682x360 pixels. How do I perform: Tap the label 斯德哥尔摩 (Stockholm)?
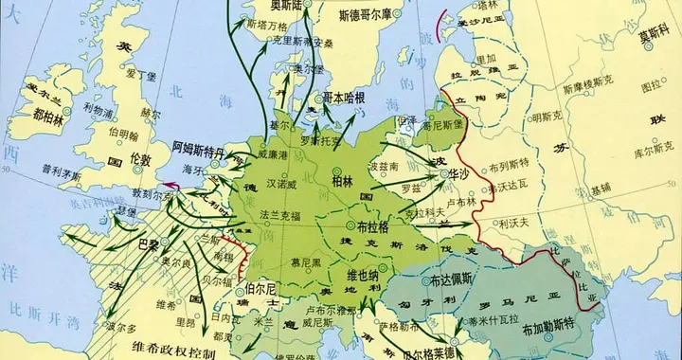pyautogui.click(x=375, y=16)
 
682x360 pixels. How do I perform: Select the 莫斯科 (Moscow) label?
pyautogui.click(x=657, y=36)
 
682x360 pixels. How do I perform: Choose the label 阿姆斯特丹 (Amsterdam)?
pyautogui.click(x=199, y=150)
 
